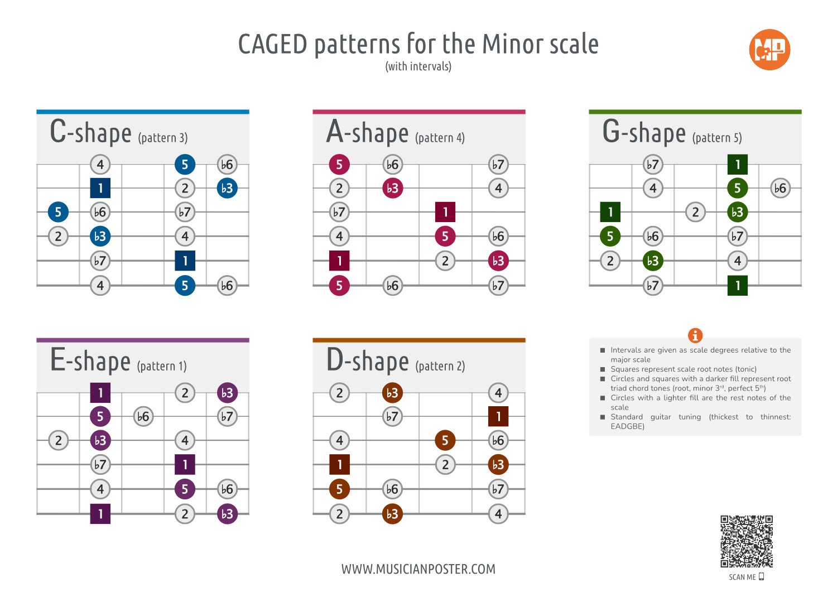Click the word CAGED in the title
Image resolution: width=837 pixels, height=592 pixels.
[x=272, y=44]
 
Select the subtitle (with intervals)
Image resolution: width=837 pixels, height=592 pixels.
[x=418, y=66]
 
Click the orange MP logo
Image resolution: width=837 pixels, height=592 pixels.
[x=769, y=50]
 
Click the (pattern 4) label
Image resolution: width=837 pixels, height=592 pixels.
[x=440, y=137]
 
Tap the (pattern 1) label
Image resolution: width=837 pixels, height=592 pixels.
[x=162, y=366]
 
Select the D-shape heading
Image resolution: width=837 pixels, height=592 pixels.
[x=368, y=360]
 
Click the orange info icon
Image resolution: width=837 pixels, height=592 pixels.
[x=695, y=335]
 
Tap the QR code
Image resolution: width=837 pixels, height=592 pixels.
[x=746, y=542]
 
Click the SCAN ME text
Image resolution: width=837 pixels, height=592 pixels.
[x=742, y=577]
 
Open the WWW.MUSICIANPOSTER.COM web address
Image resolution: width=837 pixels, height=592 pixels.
[x=418, y=569]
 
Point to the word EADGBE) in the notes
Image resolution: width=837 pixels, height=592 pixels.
[x=627, y=426]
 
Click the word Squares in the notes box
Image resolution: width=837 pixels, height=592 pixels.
[x=626, y=369]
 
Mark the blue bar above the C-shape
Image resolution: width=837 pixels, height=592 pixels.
[x=143, y=112]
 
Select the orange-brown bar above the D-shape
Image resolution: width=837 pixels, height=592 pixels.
[x=419, y=340]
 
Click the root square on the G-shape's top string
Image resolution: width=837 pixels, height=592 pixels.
[x=737, y=165]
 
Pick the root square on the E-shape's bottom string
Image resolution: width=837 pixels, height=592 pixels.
[x=100, y=514]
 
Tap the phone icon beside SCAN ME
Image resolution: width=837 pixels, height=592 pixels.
[x=761, y=577]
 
